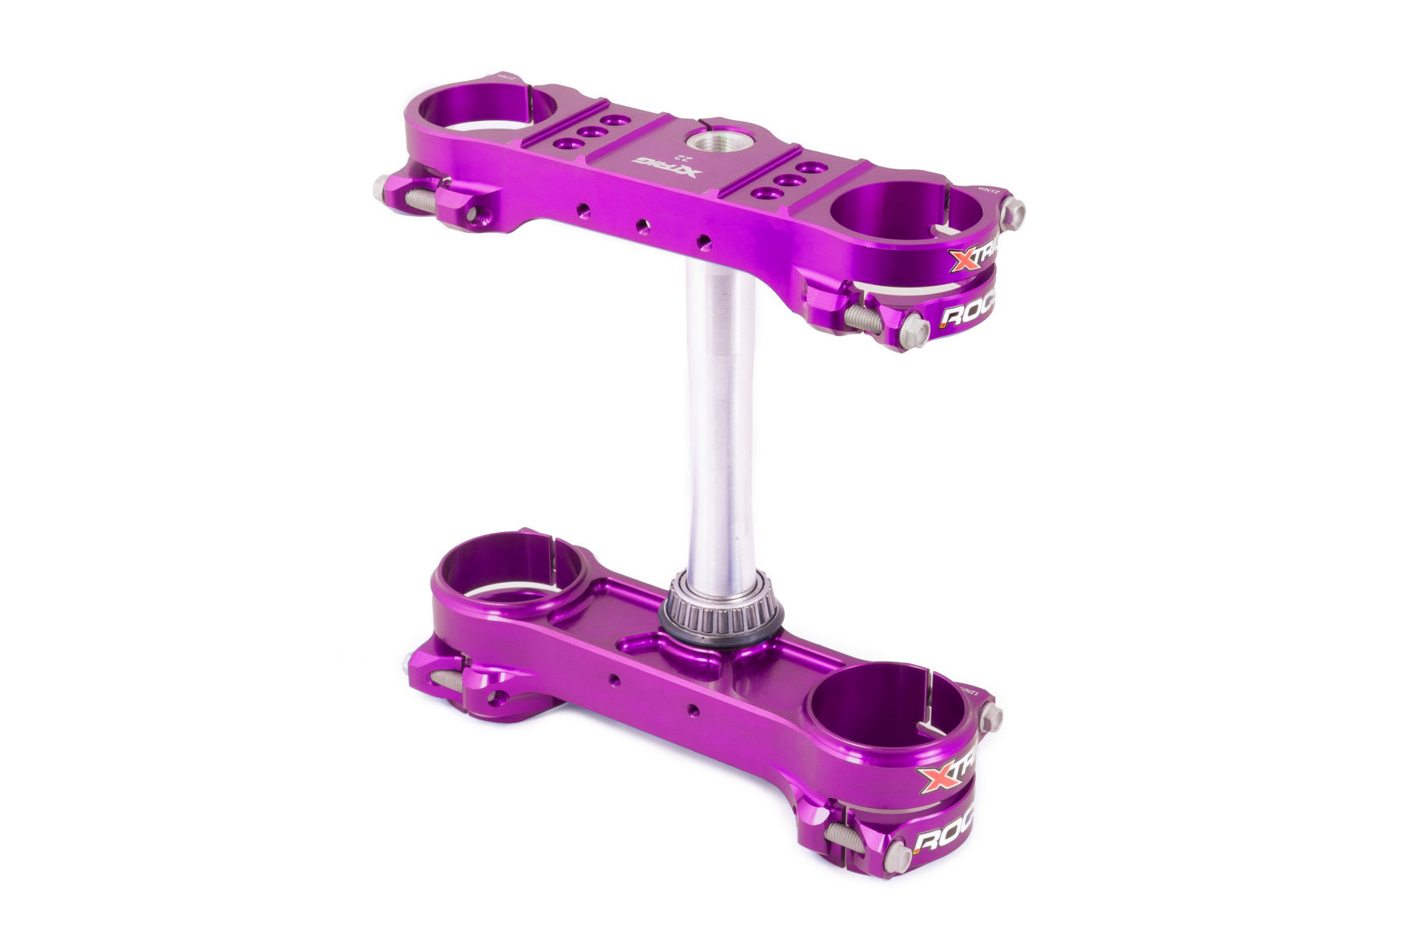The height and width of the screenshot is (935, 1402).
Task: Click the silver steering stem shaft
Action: [720, 421]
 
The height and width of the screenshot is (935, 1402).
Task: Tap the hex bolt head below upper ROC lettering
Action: [916, 331]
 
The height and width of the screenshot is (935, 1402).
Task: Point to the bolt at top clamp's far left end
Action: [382, 188]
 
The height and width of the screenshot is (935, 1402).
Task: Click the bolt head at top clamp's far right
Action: [1013, 211]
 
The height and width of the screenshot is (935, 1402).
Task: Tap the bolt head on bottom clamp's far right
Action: [991, 716]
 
